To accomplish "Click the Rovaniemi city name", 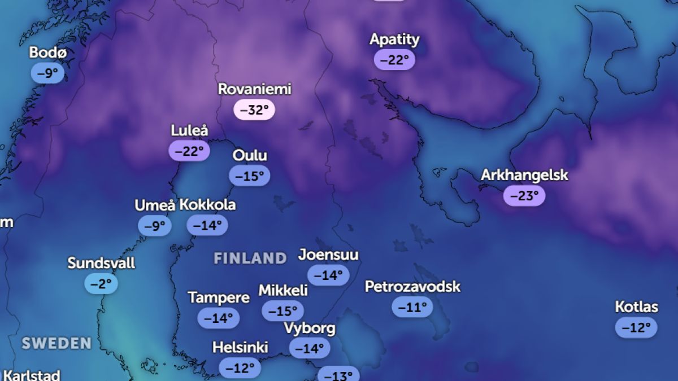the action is point(254,89).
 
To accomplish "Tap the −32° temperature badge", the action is point(254,110).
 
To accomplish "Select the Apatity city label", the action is point(394,40).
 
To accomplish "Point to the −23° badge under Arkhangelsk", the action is point(524,196).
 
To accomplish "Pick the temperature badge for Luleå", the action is point(189,151).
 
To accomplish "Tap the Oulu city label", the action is point(250,155).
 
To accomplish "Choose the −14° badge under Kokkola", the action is point(207,225).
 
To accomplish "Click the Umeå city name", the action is point(155,205).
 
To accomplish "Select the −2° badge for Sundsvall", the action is point(101,283).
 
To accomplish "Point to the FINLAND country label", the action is point(250,259).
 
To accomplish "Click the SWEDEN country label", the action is point(56,343).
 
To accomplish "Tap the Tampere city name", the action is point(219,297).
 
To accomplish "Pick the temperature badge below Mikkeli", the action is point(282,311).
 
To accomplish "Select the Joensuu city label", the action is point(328,255).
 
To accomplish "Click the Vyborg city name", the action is point(309,328).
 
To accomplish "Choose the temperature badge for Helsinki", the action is point(240,369).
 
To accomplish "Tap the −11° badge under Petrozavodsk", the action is point(412,307).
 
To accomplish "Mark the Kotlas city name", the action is point(636,307).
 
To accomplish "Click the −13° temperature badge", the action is point(338,375).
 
